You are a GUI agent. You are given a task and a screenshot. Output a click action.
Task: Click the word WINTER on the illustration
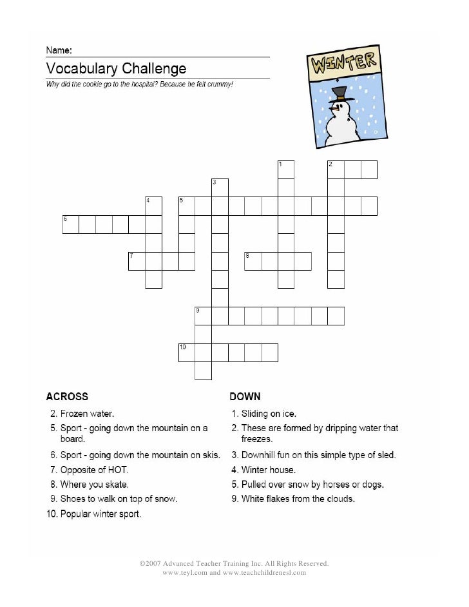tap(343, 64)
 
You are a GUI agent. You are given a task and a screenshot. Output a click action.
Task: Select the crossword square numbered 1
tap(286, 169)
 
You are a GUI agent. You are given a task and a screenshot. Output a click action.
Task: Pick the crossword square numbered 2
tap(336, 169)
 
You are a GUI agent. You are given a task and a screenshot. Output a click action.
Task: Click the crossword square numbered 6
tap(71, 224)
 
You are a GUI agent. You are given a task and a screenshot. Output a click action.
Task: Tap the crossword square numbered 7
tap(137, 261)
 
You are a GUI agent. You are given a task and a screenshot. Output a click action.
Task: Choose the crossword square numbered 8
tap(253, 261)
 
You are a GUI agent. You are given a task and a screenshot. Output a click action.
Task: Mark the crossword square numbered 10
tap(187, 352)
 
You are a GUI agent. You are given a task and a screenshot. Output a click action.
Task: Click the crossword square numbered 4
tap(153, 206)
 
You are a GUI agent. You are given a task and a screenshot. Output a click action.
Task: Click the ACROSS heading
tap(67, 396)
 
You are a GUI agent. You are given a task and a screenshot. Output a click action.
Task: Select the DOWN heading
tap(245, 396)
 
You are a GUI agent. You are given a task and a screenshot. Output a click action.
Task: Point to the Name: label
tap(58, 49)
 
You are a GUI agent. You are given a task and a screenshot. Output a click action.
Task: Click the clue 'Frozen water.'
tap(88, 413)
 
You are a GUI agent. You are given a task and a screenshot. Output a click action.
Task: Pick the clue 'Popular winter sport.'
tap(100, 514)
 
